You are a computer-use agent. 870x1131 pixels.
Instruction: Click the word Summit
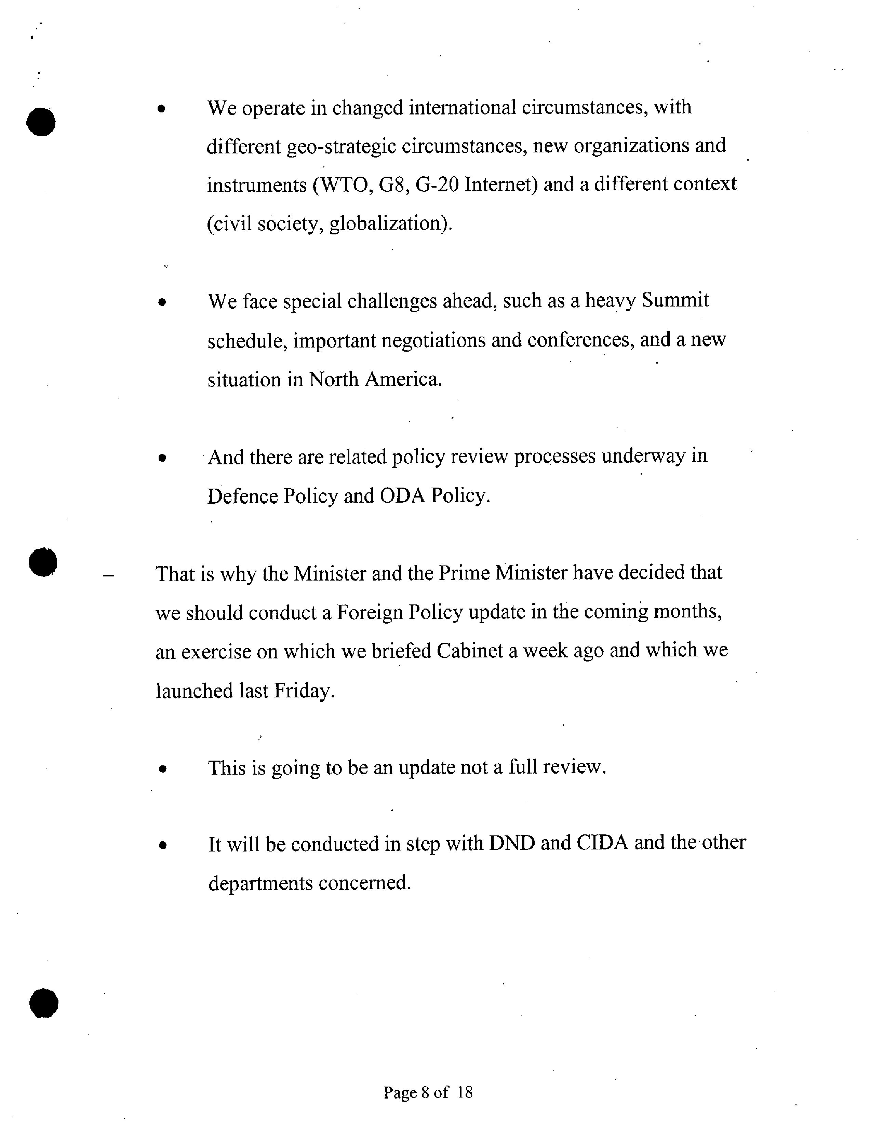click(675, 300)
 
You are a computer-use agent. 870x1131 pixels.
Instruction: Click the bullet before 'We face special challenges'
click(163, 302)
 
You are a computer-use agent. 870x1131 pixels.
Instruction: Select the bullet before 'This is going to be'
click(163, 770)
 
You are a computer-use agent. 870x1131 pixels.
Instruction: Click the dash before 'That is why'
click(108, 575)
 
